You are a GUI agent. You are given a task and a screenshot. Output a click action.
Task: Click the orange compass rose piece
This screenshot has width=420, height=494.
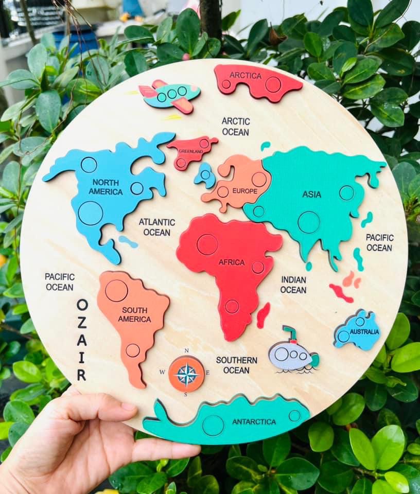pos(186,374)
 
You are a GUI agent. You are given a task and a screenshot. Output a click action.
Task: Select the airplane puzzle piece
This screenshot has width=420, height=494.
pos(170,95)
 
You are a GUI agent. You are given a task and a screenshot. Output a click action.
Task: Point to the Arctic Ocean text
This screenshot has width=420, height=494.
pos(236,127)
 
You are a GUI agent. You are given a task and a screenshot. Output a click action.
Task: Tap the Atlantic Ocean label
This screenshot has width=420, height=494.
pos(157,227)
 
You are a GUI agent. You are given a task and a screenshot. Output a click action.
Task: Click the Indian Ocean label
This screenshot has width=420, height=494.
pos(293,285)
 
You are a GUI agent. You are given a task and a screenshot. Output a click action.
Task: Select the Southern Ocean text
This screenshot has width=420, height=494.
pos(236,365)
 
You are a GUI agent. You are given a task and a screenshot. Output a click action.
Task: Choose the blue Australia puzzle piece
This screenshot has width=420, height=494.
pos(357,330)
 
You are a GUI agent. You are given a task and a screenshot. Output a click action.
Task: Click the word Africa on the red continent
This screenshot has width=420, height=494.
pos(232,262)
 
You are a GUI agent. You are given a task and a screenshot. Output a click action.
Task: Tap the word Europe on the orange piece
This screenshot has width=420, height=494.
pos(244,191)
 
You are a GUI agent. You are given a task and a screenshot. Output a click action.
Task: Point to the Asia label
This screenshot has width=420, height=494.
pos(311,195)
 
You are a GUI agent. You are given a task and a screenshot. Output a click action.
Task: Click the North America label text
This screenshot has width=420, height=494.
pos(106,187)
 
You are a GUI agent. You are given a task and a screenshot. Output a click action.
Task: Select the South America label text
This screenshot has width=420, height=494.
pos(134,314)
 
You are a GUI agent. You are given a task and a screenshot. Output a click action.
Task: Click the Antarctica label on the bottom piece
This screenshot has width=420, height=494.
pos(254,422)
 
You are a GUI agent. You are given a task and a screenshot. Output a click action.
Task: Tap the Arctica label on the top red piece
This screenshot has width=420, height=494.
pos(246,76)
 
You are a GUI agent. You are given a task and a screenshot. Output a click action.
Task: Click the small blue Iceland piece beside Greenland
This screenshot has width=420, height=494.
pos(205,175)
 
